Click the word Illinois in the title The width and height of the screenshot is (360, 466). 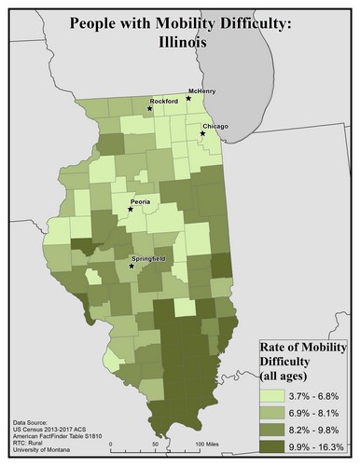(x=181, y=43)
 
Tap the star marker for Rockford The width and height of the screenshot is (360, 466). (x=149, y=109)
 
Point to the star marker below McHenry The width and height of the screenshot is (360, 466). (x=189, y=97)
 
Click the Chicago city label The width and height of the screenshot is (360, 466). (x=214, y=126)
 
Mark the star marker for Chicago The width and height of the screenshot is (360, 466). (x=202, y=133)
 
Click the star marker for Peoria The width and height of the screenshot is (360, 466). (x=131, y=209)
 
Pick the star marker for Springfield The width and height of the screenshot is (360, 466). (x=132, y=267)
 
